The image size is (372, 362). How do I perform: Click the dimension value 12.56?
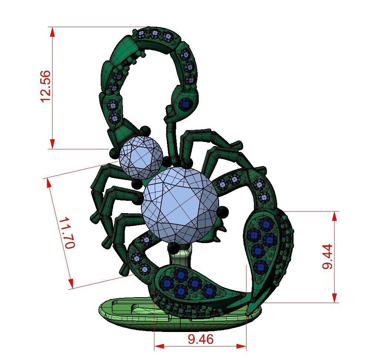pos(45,86)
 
